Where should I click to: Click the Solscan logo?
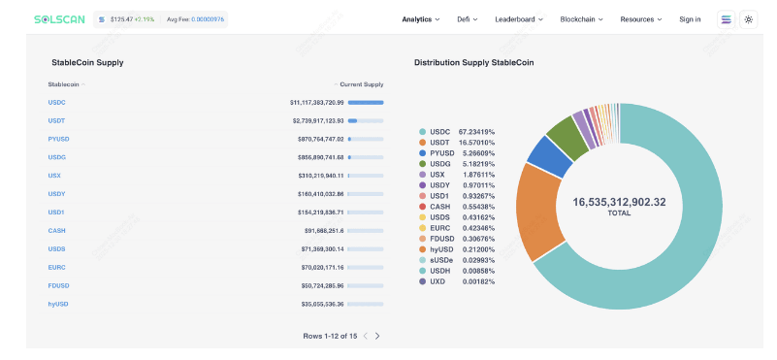click(x=59, y=19)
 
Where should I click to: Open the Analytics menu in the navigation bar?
click(x=421, y=19)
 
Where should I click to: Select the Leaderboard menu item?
click(x=519, y=19)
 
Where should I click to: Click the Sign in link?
click(x=690, y=19)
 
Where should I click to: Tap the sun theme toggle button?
click(x=748, y=19)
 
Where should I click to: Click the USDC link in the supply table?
click(x=56, y=103)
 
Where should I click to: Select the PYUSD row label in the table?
click(x=58, y=140)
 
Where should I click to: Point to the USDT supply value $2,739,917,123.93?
click(x=317, y=121)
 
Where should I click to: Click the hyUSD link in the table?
click(x=58, y=304)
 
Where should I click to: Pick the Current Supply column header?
click(x=361, y=84)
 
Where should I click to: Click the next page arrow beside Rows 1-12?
click(x=377, y=336)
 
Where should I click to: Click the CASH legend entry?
click(x=440, y=207)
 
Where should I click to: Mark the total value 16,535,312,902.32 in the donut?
click(x=620, y=202)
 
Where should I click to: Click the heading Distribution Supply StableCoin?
click(x=473, y=63)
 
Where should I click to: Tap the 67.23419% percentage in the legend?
click(x=476, y=132)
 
